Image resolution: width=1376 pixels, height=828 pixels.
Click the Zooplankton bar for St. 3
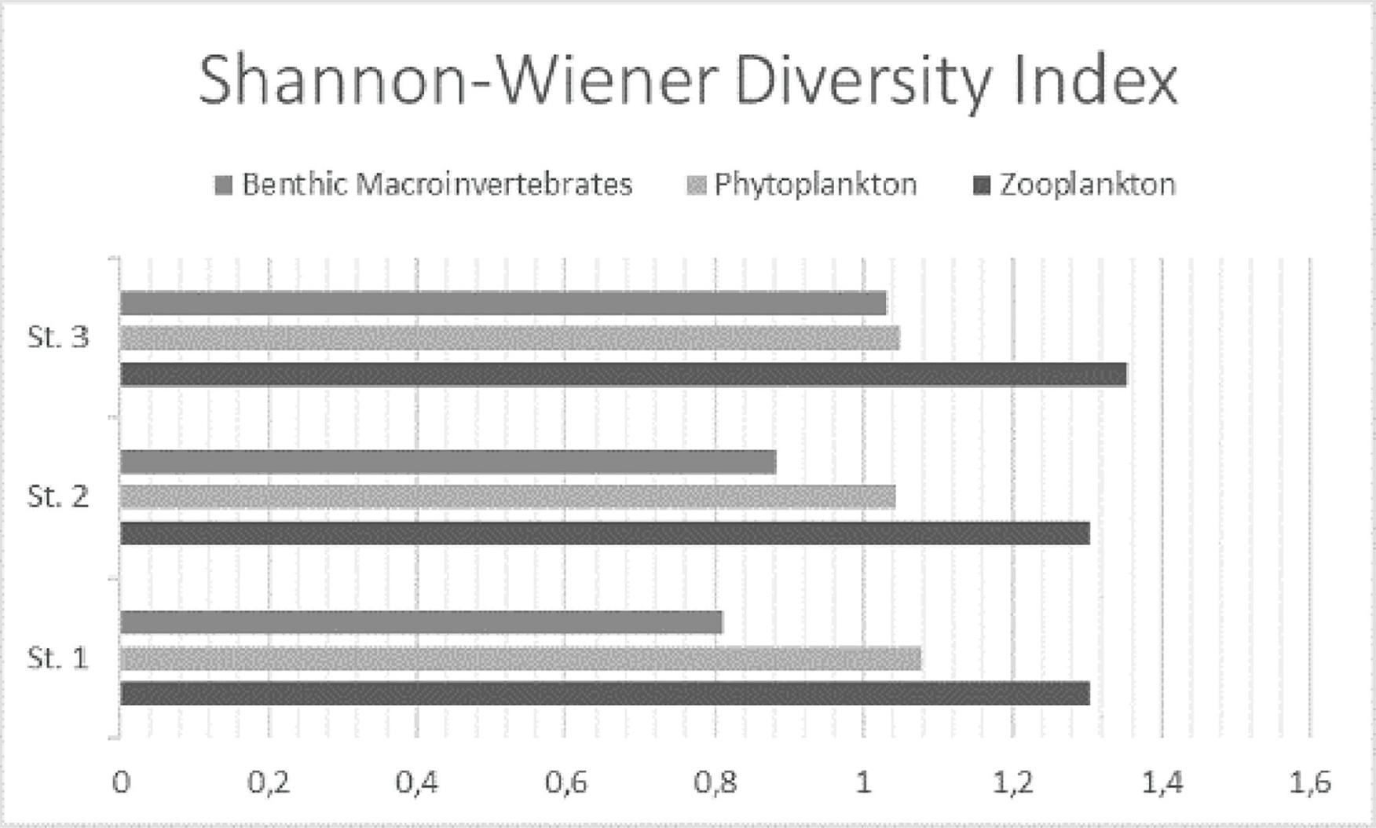(623, 374)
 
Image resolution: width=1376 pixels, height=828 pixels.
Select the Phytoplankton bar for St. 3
(510, 339)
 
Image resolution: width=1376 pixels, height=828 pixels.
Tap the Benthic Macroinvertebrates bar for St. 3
(503, 303)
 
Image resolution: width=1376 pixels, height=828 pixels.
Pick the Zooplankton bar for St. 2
(605, 533)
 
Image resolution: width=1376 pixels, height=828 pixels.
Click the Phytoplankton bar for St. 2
(507, 497)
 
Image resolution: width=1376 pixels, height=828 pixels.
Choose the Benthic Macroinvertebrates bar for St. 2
(448, 462)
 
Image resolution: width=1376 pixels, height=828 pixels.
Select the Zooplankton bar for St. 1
(605, 694)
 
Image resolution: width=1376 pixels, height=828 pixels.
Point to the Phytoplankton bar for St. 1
(520, 658)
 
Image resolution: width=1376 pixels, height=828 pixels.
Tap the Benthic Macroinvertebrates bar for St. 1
(421, 622)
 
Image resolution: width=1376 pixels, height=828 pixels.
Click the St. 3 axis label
(58, 338)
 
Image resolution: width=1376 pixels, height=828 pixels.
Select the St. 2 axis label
(58, 496)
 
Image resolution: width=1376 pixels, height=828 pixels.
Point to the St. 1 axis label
(58, 658)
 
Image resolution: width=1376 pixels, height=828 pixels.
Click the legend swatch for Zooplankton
(982, 186)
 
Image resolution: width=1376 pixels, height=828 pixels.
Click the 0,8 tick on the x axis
(715, 783)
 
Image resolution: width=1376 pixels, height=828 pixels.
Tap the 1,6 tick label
(1310, 783)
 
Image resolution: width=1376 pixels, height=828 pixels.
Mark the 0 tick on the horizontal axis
(121, 783)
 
